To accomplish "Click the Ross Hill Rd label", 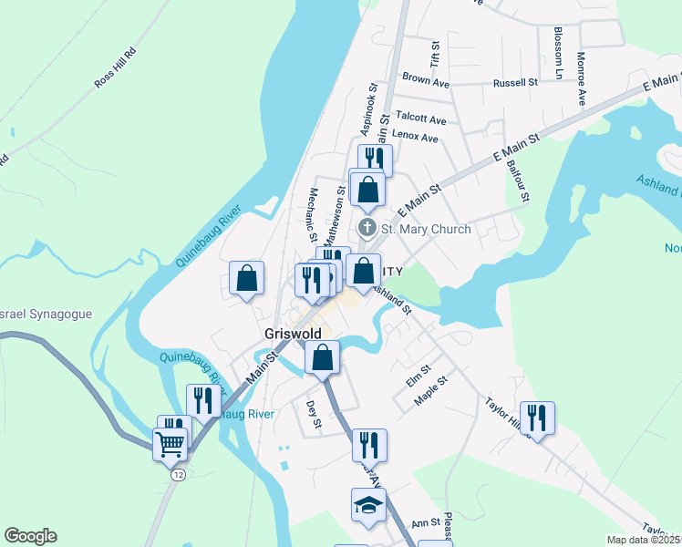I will [x=115, y=67].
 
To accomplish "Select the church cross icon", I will [x=367, y=228].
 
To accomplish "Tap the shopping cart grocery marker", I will [x=170, y=445].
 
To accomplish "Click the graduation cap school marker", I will [x=369, y=505].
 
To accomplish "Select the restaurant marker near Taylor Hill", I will [x=537, y=418].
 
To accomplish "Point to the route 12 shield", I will [x=175, y=475].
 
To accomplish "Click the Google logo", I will [x=30, y=536].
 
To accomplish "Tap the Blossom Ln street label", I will [x=557, y=52].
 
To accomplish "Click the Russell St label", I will [x=515, y=83].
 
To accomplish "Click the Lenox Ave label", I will [x=415, y=139].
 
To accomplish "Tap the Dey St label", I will [x=314, y=414].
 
